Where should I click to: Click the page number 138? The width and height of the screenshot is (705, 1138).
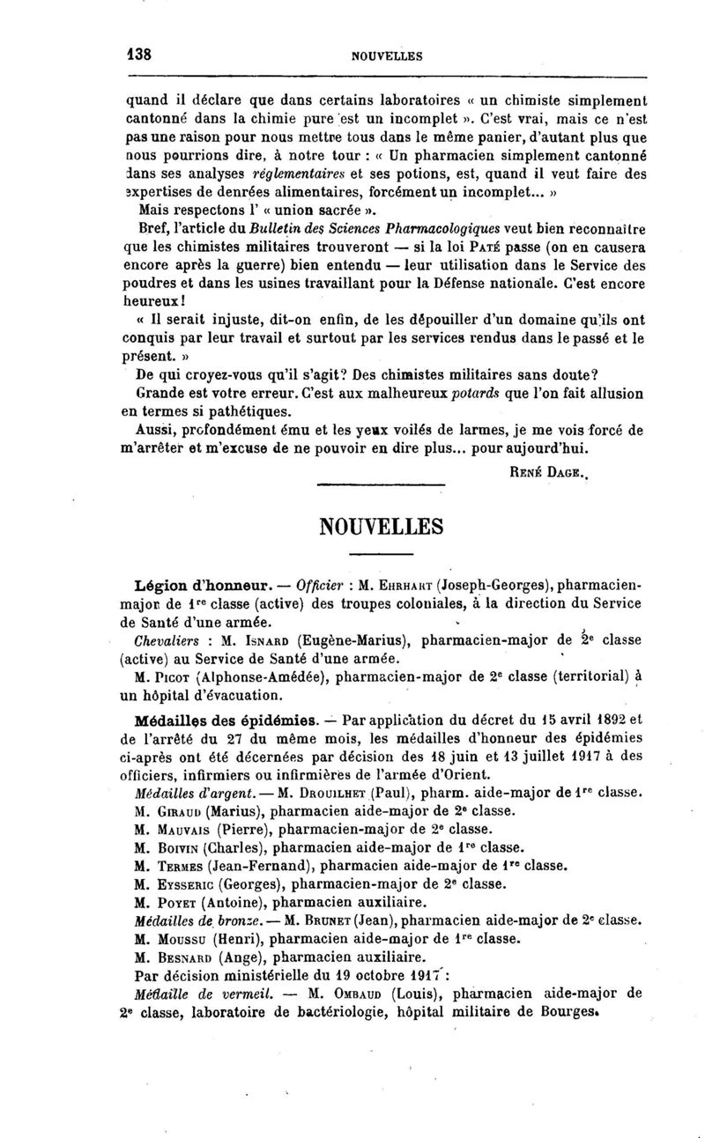tap(139, 54)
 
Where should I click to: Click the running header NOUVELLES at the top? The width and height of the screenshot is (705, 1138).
tap(387, 55)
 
